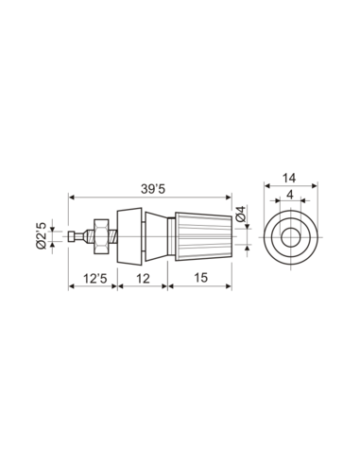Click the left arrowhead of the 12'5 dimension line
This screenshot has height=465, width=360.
74,285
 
